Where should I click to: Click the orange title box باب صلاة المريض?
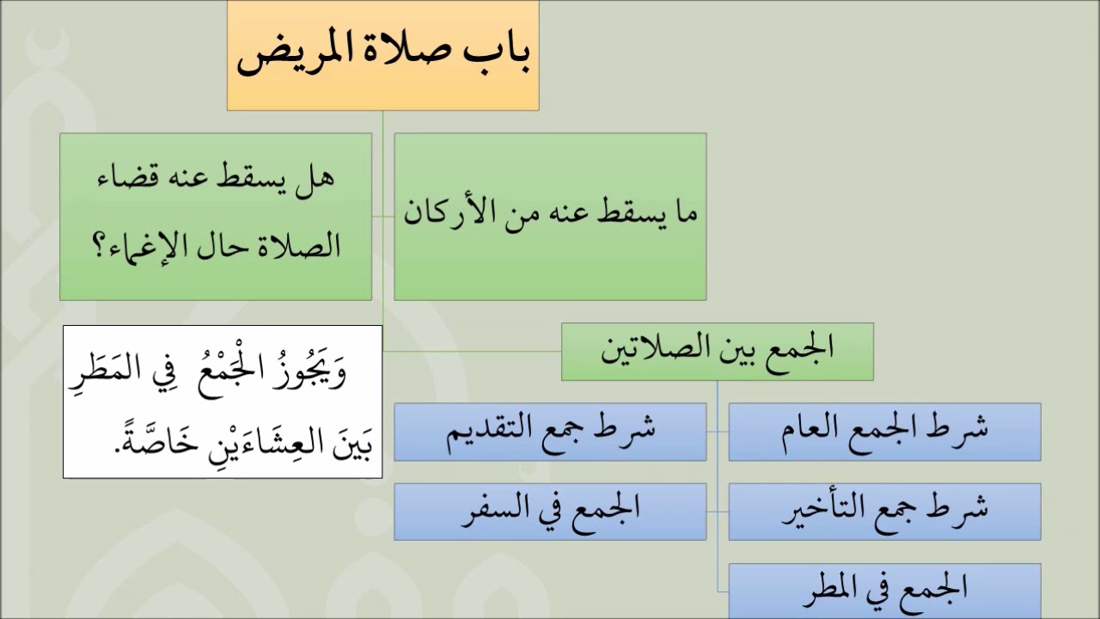382,55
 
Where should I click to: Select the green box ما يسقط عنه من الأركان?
550,216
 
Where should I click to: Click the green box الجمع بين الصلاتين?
717,351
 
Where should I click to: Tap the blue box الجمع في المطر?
884,590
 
